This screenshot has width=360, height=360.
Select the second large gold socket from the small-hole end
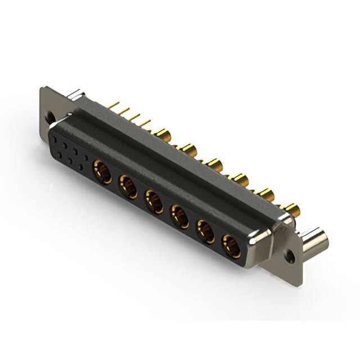pos(128,186)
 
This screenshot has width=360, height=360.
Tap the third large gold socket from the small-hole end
pos(154,201)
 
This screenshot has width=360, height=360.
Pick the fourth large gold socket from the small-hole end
pos(180,216)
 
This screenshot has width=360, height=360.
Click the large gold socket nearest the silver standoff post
pos(231,246)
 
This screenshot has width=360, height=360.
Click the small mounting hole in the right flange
pos(290,255)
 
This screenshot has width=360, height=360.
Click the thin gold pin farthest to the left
pos(114,105)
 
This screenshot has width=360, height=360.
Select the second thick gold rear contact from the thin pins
pos(189,150)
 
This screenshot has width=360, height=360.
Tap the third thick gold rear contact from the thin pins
pos(215,165)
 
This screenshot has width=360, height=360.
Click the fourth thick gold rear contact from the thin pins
pos(241,180)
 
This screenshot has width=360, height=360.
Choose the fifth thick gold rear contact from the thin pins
pos(266,195)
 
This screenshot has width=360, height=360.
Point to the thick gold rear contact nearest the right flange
pos(292,210)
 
